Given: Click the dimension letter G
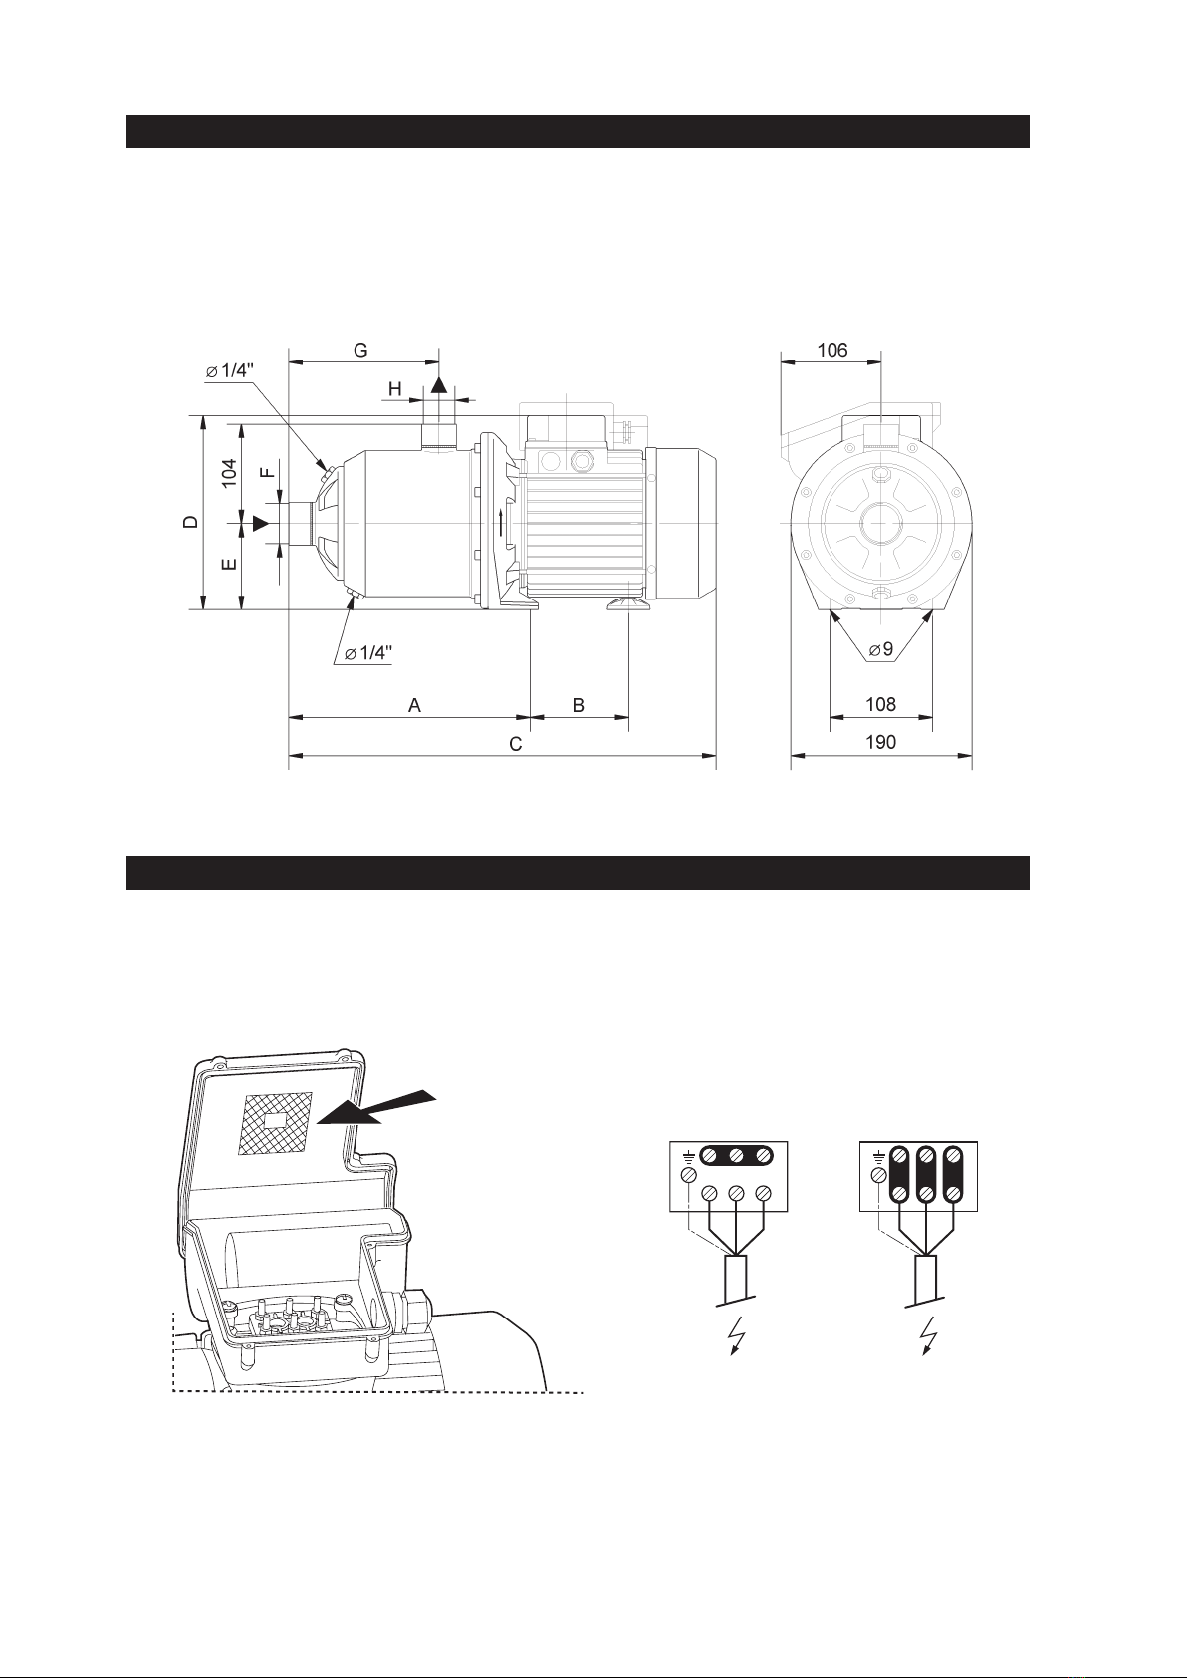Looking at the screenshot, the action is [x=360, y=350].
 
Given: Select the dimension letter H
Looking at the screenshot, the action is [x=394, y=389].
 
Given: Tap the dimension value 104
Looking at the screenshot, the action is [x=230, y=473].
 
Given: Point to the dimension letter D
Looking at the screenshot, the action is [x=192, y=522].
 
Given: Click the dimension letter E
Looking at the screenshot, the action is [x=230, y=564].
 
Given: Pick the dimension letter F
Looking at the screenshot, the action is [x=267, y=473].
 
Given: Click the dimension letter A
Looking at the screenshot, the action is [x=414, y=705].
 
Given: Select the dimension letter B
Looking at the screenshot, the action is [x=579, y=705].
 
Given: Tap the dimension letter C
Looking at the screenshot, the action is [x=515, y=744].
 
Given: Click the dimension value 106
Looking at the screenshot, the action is [x=832, y=350].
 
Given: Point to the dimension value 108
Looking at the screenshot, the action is [x=880, y=704].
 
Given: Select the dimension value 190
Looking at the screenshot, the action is [x=880, y=742].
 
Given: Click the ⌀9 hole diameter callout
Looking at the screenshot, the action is [x=880, y=649].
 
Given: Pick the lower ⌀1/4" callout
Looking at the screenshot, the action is [x=367, y=652].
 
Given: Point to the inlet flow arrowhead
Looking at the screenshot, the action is [x=260, y=523].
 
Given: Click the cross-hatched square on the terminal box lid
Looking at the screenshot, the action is [x=275, y=1123].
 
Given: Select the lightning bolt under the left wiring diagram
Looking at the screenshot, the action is [x=738, y=1334].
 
